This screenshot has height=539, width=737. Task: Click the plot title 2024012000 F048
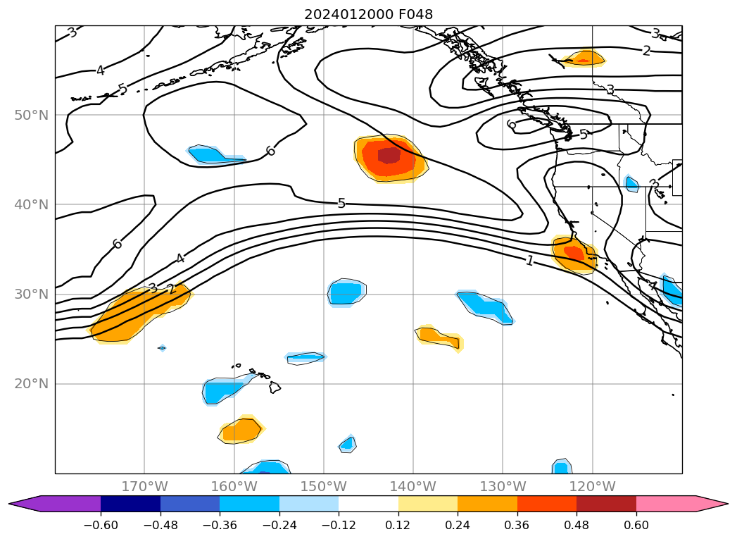[x=368, y=14]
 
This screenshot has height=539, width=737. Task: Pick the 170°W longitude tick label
[x=144, y=486]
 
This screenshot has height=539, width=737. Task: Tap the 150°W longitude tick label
[x=324, y=486]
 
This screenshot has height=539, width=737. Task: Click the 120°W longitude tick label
[x=592, y=486]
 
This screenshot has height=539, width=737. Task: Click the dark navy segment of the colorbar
[x=130, y=504]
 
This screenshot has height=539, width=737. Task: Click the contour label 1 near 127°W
[x=529, y=261]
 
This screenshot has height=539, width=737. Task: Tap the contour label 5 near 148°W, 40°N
[x=341, y=204]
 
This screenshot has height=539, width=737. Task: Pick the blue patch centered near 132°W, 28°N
[x=486, y=305]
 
